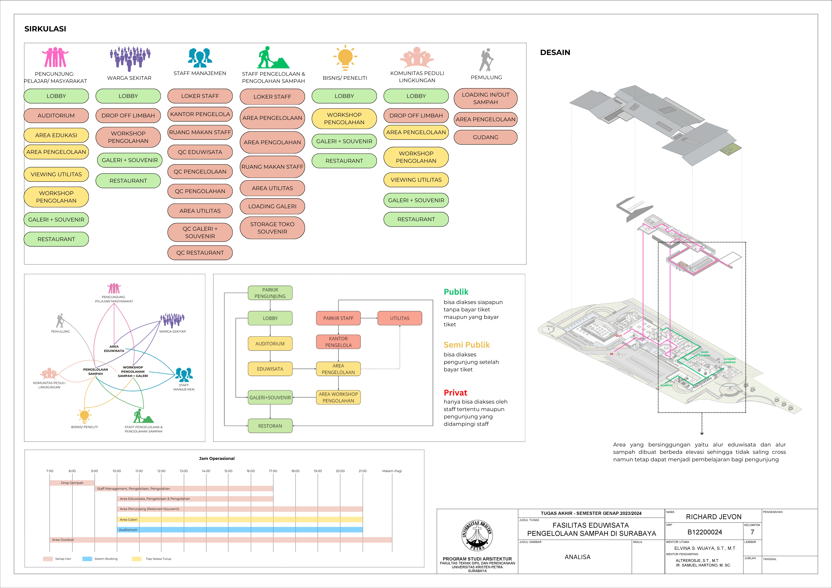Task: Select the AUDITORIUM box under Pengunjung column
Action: (56, 116)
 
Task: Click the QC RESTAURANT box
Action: (200, 253)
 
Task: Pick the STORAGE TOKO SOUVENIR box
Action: (272, 228)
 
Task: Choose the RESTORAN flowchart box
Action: (270, 426)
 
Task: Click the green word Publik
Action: (456, 292)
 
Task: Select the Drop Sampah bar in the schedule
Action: (72, 483)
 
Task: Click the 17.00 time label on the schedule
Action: (273, 471)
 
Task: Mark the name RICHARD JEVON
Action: (714, 517)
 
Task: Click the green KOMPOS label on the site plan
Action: (666, 385)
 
